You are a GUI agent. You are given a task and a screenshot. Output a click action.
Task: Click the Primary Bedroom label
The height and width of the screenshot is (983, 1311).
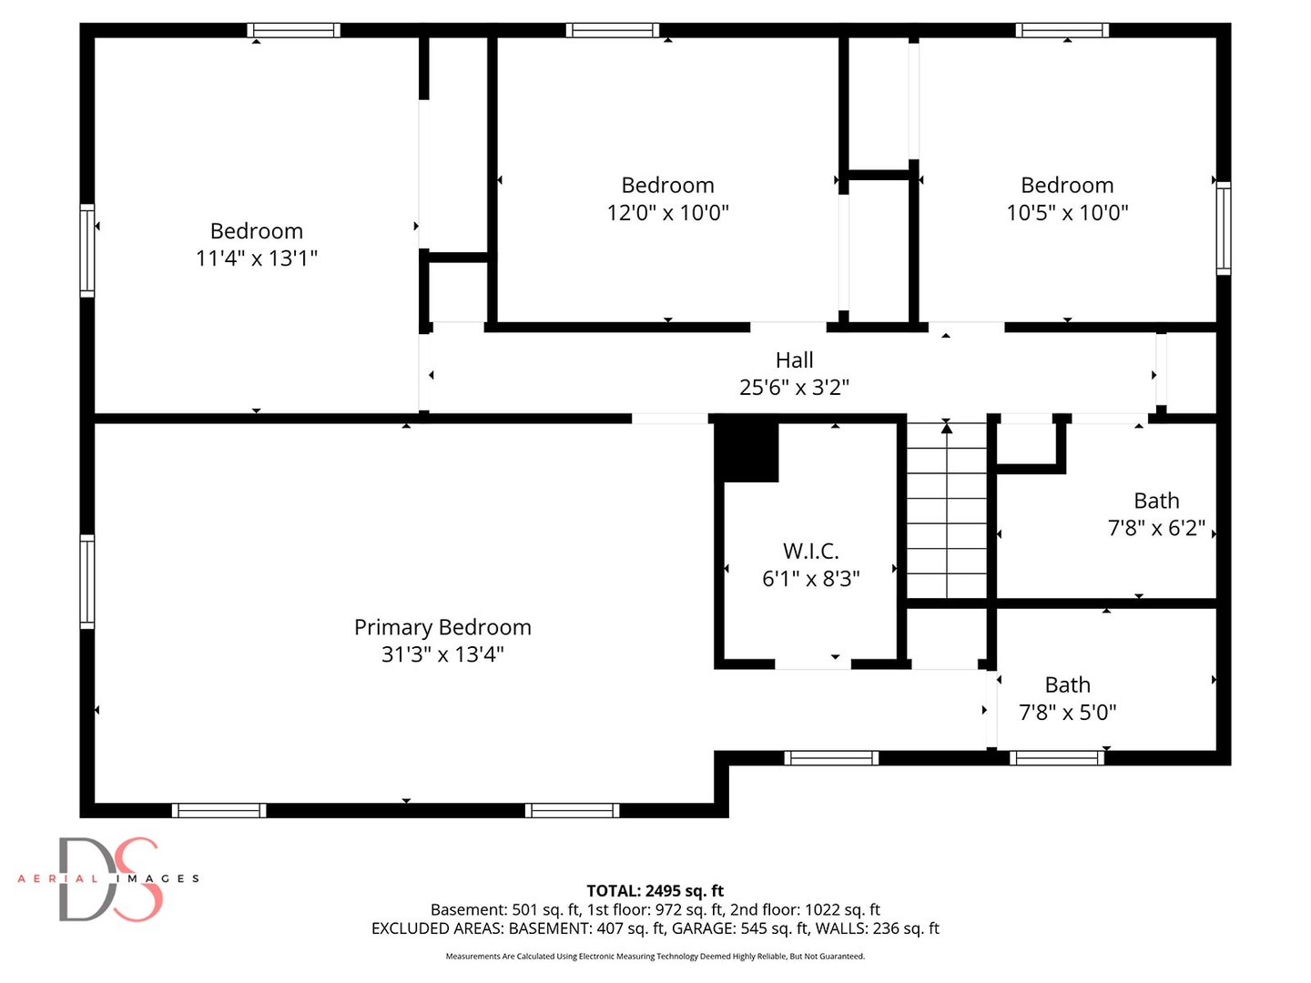pos(442,627)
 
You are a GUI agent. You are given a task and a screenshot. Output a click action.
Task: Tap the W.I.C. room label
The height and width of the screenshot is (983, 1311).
pos(810,551)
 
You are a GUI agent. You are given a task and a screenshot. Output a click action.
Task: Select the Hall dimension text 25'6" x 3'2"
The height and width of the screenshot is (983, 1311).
pos(794,388)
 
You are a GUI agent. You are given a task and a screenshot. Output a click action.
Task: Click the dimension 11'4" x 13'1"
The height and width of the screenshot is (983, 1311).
pos(256,258)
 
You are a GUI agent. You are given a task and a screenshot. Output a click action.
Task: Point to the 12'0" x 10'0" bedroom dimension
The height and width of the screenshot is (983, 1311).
pos(667,212)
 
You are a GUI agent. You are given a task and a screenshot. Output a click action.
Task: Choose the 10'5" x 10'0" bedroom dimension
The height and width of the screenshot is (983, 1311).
pos(1067,212)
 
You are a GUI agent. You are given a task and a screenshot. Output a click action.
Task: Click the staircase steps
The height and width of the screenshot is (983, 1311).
pos(946,511)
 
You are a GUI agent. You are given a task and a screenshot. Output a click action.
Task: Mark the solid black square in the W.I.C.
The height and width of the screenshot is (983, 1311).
pos(747,451)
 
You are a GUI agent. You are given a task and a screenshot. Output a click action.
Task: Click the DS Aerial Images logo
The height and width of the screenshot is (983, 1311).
pos(108,878)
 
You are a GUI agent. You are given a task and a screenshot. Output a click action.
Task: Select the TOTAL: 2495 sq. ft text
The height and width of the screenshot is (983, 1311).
pos(655,890)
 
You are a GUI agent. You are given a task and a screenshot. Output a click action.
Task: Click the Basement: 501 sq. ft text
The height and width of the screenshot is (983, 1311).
pos(504,909)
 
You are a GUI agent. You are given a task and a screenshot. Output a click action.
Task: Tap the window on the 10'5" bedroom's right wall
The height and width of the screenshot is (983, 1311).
pos(1224,228)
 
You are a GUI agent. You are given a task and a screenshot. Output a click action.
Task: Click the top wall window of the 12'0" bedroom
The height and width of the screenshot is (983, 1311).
pos(612,30)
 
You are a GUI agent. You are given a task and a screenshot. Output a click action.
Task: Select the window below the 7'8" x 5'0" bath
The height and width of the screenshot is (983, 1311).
pos(1057,758)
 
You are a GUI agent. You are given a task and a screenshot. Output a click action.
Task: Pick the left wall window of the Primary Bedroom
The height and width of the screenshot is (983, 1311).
pos(87,582)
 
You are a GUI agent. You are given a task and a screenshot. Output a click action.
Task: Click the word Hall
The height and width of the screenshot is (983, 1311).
pos(794,360)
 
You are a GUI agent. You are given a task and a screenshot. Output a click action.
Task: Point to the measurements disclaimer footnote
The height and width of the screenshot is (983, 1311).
pos(655,956)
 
